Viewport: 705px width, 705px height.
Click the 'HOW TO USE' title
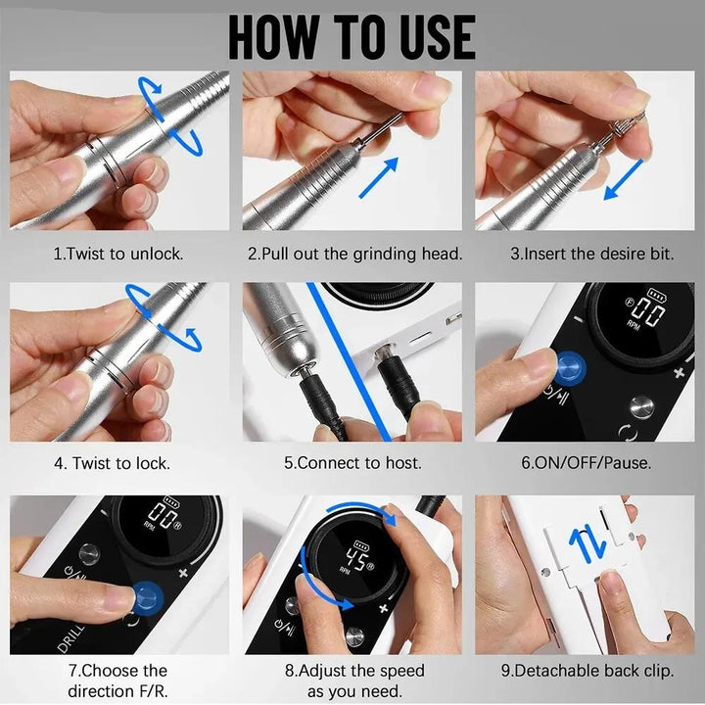pos(352,36)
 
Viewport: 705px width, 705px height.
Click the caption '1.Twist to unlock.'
pos(117,254)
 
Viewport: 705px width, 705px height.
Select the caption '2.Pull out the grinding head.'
pos(354,254)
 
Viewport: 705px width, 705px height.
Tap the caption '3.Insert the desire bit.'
pos(591,254)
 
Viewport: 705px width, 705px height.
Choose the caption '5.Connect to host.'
pos(353,463)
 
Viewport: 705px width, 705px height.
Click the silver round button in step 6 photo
pos(640,406)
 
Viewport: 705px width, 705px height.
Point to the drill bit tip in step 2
pos(397,118)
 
